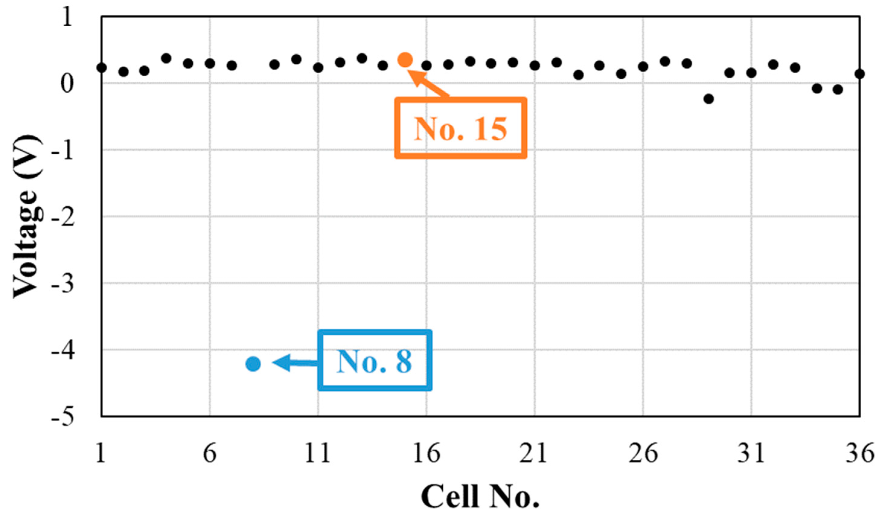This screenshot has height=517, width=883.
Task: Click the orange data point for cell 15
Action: pos(405,60)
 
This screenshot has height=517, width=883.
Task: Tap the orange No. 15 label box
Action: pos(461,128)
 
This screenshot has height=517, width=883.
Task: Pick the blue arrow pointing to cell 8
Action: pos(294,362)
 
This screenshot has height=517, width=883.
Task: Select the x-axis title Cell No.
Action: pos(480,496)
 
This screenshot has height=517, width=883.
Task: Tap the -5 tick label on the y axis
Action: pos(63,417)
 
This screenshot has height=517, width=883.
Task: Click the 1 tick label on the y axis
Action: pos(67,17)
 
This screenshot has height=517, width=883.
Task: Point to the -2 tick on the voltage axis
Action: pos(63,217)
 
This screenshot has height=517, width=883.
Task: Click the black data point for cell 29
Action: pos(709,99)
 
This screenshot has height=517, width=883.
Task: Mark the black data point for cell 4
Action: pos(167,58)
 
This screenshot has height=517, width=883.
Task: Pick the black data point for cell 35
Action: pos(838,89)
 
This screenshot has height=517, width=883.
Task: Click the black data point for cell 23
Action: pos(579,75)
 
